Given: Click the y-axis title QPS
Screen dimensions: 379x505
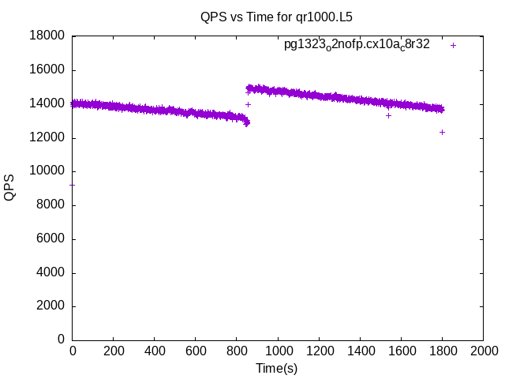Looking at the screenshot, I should [10, 188].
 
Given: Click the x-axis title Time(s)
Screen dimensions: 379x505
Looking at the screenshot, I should [276, 368].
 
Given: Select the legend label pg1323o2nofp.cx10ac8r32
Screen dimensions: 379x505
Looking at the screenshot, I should [357, 45].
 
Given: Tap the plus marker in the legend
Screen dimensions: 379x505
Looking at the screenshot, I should [453, 45].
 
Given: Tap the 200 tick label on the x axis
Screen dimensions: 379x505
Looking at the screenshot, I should [114, 350].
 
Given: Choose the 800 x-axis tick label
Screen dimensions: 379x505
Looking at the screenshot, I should [237, 350].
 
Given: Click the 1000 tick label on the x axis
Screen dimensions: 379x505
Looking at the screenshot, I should [278, 350].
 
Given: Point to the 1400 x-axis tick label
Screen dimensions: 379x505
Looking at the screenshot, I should [360, 350].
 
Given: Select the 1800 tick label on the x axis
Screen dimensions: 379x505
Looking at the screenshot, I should [442, 350].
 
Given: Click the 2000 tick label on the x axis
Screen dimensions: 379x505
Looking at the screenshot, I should [483, 350].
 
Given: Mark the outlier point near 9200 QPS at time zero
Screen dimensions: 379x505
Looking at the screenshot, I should [73, 185].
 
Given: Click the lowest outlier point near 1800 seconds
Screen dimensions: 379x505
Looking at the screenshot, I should [442, 132].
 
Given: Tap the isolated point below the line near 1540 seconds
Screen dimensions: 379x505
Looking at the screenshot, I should [388, 115].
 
